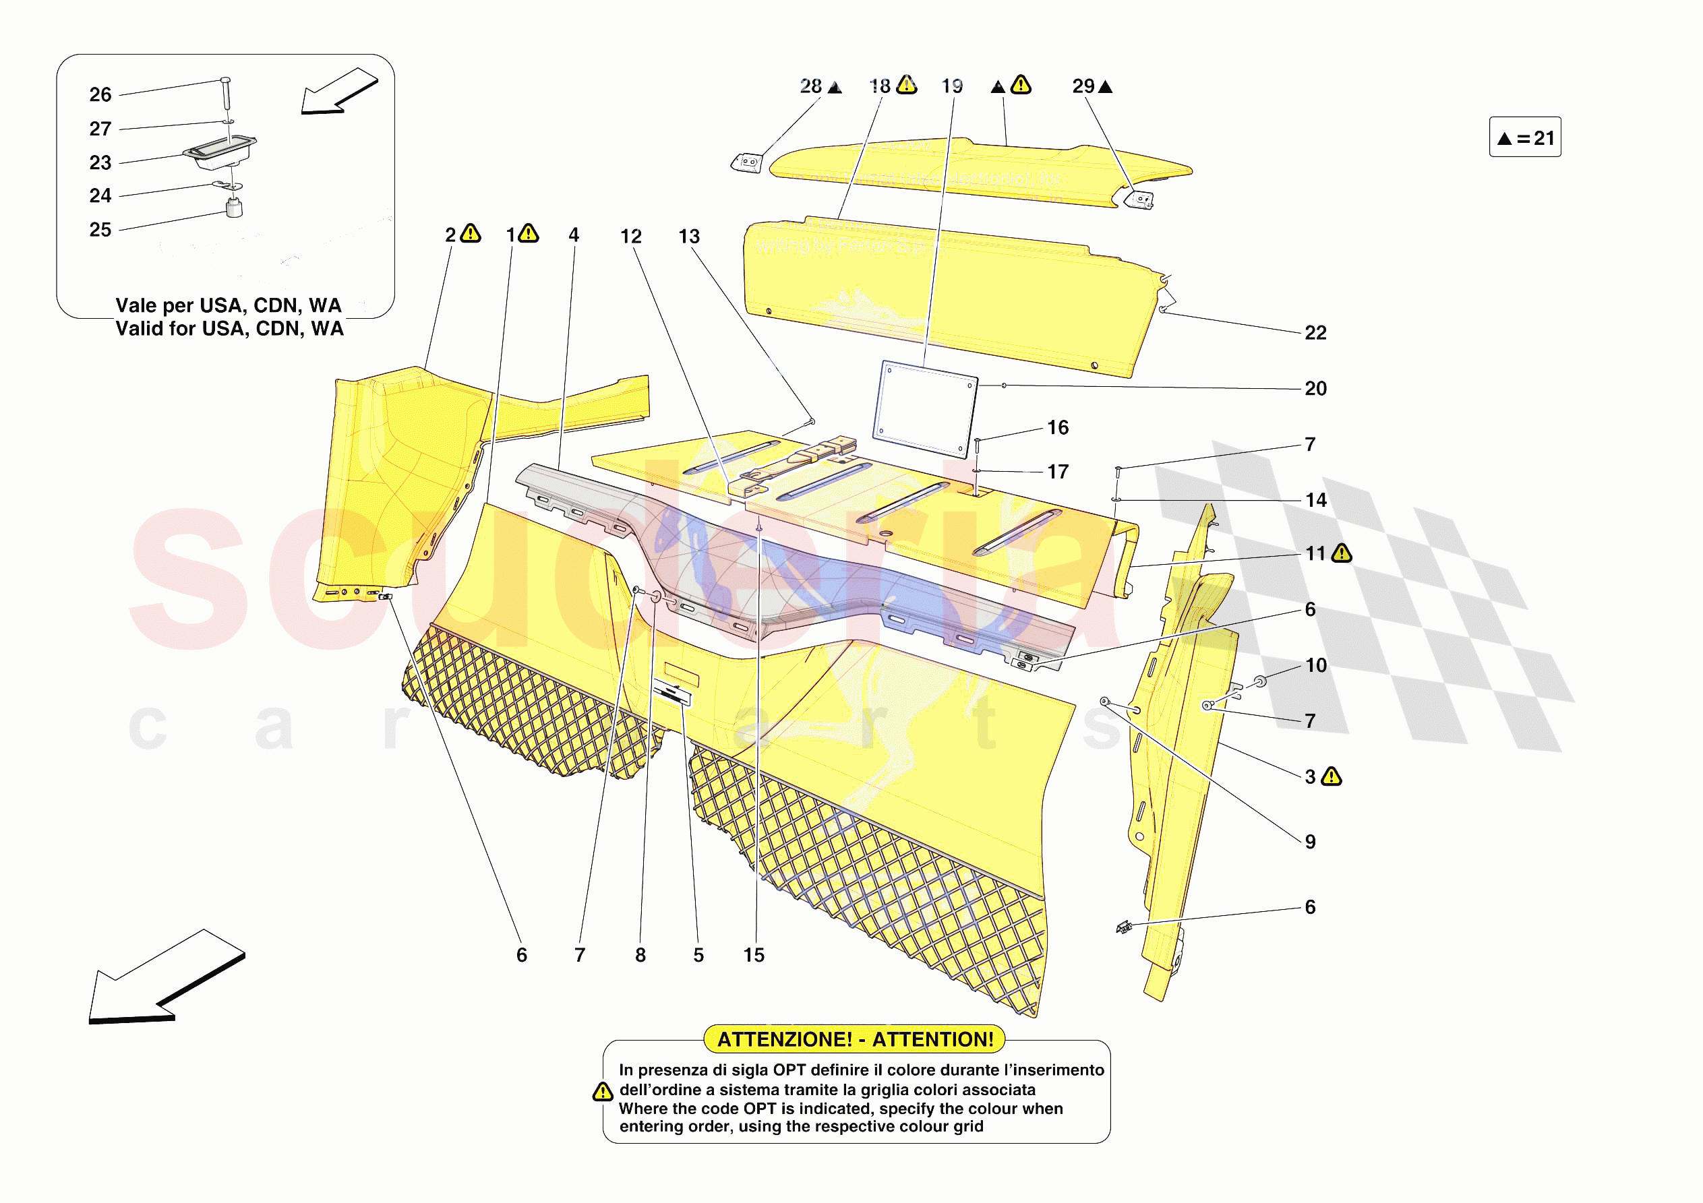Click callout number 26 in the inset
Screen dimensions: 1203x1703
click(100, 95)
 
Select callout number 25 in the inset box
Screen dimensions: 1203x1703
click(100, 230)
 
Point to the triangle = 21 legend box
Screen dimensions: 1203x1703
click(1524, 138)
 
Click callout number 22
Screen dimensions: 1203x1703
click(1315, 333)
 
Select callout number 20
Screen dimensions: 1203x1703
click(1315, 389)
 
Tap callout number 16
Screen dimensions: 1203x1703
click(1058, 428)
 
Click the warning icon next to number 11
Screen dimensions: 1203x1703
click(1342, 553)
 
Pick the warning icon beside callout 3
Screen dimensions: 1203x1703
click(1332, 776)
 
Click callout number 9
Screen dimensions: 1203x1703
click(1310, 842)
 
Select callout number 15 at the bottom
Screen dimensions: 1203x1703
click(754, 955)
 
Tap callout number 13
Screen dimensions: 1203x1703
click(689, 237)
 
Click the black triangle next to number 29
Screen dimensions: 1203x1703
click(1105, 88)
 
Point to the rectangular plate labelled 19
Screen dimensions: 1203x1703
click(925, 408)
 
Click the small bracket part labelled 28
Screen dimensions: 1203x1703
click(747, 163)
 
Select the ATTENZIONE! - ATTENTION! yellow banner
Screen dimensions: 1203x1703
click(854, 1039)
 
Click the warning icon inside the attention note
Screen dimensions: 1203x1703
click(602, 1092)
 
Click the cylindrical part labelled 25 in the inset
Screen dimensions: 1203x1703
click(235, 208)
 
